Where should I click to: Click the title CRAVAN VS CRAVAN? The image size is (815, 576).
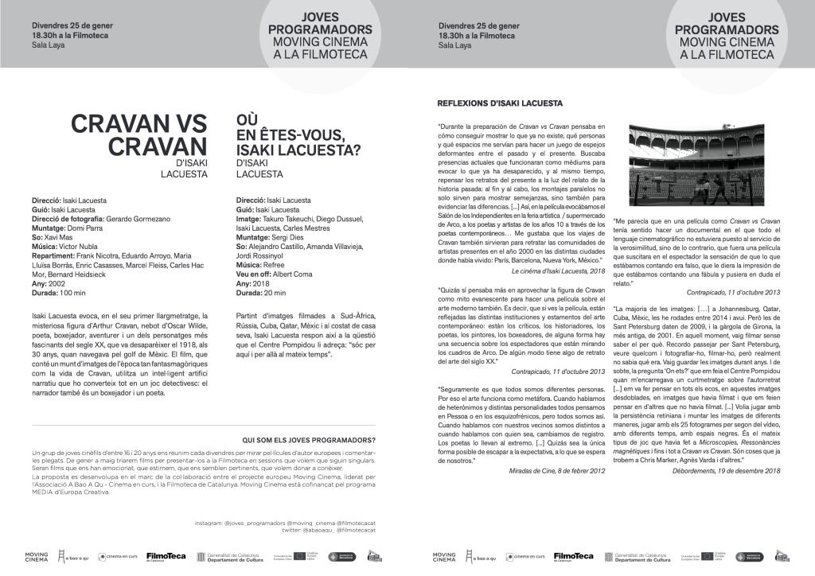tap(139, 135)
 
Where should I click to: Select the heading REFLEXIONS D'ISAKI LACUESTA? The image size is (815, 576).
tap(500, 103)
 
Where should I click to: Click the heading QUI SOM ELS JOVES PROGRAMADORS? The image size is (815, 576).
tap(309, 439)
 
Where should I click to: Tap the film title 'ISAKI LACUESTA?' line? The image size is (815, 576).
tap(298, 150)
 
